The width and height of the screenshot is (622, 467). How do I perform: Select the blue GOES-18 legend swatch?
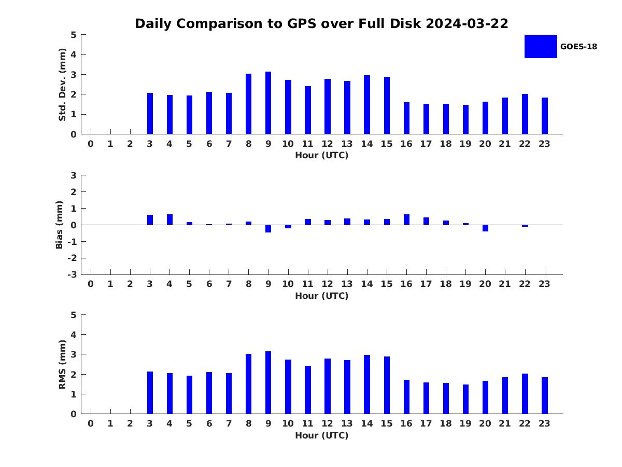point(541,47)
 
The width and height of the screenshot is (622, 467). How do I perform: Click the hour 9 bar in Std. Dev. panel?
point(268,103)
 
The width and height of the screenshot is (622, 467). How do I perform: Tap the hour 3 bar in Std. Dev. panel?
point(150,114)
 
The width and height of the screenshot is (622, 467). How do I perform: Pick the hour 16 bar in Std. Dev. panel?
point(406,118)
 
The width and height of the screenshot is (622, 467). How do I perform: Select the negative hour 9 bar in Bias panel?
point(268,228)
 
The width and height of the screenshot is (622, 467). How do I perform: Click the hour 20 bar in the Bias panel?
point(485,228)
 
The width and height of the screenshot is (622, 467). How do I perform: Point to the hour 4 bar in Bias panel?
point(169,219)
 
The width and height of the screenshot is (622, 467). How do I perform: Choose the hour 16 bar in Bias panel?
point(406,219)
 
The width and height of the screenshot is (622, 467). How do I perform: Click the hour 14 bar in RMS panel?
point(366,384)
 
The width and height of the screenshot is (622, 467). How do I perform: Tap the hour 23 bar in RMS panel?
point(544,395)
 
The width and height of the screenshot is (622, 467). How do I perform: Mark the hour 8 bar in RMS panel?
point(248,384)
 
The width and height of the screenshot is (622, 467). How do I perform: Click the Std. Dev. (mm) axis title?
point(62,85)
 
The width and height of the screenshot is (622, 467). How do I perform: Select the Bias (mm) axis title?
point(59,225)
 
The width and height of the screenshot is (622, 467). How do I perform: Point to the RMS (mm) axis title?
point(62,364)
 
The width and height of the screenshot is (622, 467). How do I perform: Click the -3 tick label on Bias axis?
point(72,274)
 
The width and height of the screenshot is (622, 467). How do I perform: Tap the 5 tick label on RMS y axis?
point(74,315)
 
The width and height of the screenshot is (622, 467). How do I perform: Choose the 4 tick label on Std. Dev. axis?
point(74,54)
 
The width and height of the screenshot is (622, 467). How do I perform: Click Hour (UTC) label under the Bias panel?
point(322,296)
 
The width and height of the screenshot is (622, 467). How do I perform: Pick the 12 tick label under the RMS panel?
point(327,423)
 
